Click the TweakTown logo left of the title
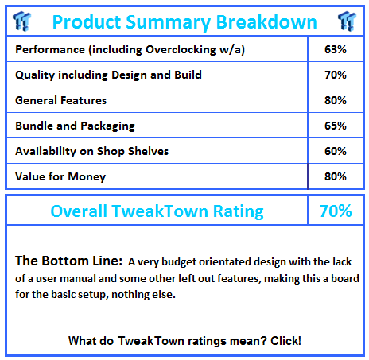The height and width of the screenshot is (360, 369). (22, 21)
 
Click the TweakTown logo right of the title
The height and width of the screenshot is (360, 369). (348, 21)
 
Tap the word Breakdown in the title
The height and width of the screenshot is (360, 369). (266, 21)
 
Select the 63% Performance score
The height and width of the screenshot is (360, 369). (336, 49)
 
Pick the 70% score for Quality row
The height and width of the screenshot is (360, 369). (336, 75)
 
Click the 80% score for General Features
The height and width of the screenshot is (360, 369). (336, 100)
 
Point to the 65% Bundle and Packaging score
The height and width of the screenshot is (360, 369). (336, 126)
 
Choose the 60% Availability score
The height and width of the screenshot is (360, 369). (336, 151)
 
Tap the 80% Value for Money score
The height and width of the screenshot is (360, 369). (336, 176)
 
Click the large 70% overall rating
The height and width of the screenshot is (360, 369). (336, 211)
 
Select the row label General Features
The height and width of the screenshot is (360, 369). (61, 100)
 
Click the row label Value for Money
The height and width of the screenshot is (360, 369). (60, 176)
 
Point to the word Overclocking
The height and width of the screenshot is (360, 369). (181, 50)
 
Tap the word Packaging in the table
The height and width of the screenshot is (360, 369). (107, 126)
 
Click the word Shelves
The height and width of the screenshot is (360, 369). (148, 151)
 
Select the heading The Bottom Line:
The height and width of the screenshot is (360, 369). (69, 261)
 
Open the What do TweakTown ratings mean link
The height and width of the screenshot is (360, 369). (184, 341)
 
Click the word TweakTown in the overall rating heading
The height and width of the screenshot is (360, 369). (160, 211)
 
